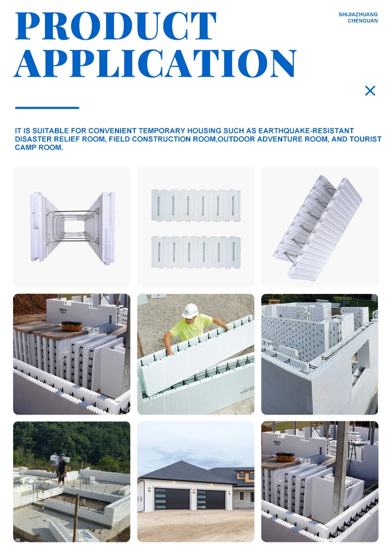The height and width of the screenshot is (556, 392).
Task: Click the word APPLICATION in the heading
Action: point(155,64)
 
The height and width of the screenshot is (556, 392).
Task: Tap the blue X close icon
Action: point(370,91)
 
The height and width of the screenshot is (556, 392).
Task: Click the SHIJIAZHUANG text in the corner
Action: point(358,15)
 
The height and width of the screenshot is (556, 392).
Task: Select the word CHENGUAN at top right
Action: point(363,21)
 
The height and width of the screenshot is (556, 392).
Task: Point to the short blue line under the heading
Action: point(47,108)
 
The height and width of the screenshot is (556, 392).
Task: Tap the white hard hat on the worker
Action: point(190,311)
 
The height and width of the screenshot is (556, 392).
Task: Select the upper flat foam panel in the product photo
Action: point(196,205)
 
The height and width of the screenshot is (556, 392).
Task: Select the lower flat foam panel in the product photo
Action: point(196,252)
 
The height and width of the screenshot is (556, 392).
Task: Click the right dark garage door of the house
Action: point(211,500)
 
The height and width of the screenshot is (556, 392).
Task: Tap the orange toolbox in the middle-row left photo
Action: point(72,326)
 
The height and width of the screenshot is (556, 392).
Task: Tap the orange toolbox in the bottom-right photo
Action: point(285,457)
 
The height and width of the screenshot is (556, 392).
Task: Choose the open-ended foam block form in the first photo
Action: point(72,227)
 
